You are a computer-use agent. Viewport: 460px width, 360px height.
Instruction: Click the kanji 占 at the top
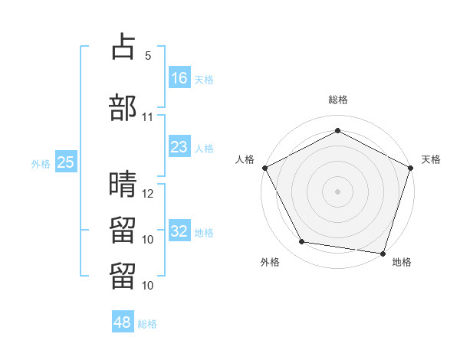click(x=123, y=46)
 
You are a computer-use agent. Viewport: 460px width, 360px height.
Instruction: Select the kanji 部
click(x=123, y=107)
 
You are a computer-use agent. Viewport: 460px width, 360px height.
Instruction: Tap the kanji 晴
click(x=123, y=184)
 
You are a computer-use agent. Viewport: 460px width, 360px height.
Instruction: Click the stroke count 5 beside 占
click(x=148, y=56)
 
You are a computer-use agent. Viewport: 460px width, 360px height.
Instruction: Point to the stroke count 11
click(x=147, y=117)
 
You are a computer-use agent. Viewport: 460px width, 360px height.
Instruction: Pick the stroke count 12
click(x=147, y=194)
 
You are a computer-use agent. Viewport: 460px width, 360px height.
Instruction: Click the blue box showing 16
click(x=179, y=77)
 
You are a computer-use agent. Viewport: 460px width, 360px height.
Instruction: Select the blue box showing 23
click(x=179, y=146)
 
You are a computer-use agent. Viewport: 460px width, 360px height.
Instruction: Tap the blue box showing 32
click(x=179, y=230)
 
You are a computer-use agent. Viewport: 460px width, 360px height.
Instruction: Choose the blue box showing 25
click(x=66, y=162)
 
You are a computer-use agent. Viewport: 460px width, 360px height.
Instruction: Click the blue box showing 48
click(x=123, y=321)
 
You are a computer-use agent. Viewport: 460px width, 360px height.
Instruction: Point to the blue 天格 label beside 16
click(x=204, y=80)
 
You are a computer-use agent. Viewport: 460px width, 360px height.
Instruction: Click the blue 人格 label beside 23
click(x=204, y=149)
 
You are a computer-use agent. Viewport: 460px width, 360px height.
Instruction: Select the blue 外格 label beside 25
click(x=41, y=164)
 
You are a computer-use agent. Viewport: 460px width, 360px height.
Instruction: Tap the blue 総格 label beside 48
click(x=147, y=324)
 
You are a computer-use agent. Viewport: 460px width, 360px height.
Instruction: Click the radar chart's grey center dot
click(x=337, y=191)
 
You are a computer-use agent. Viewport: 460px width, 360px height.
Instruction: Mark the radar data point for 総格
click(x=337, y=130)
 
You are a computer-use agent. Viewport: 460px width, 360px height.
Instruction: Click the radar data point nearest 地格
click(x=383, y=254)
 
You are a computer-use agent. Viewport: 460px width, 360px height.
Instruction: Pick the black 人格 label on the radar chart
click(x=245, y=159)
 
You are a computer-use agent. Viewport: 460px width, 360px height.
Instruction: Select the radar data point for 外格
click(x=301, y=241)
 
